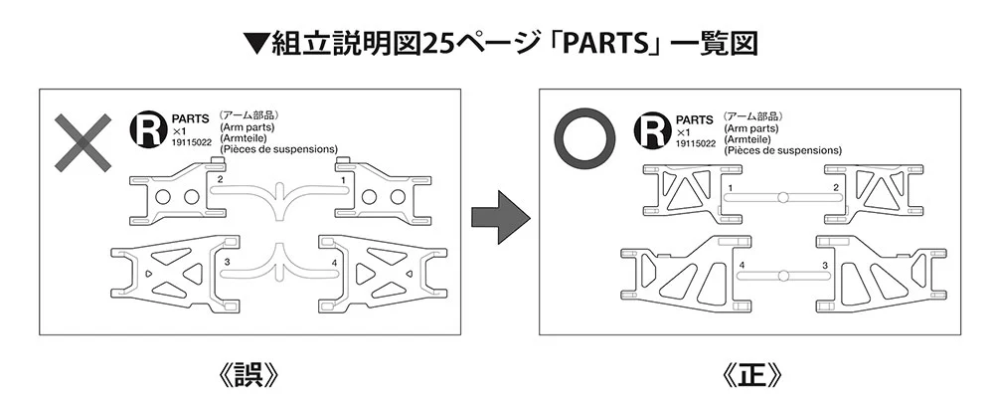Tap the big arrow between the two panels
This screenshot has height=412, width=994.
pyautogui.click(x=497, y=216)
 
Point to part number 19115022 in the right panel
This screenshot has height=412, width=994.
pyautogui.click(x=694, y=142)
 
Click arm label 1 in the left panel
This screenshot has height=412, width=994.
pyautogui.click(x=343, y=181)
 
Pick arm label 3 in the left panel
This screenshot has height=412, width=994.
pyautogui.click(x=228, y=262)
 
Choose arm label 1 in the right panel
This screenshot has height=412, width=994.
pyautogui.click(x=731, y=188)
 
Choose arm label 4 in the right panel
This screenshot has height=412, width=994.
pyautogui.click(x=743, y=265)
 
